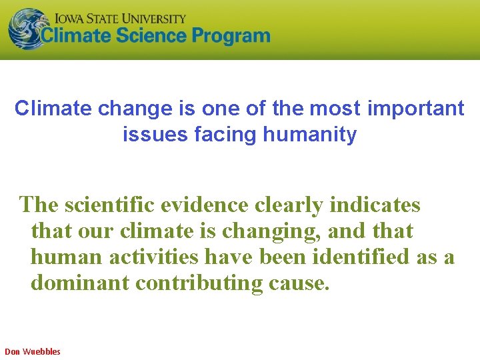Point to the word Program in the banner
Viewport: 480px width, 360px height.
tap(231, 36)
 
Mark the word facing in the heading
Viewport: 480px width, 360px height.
tap(226, 135)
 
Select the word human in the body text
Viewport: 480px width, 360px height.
tap(66, 257)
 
